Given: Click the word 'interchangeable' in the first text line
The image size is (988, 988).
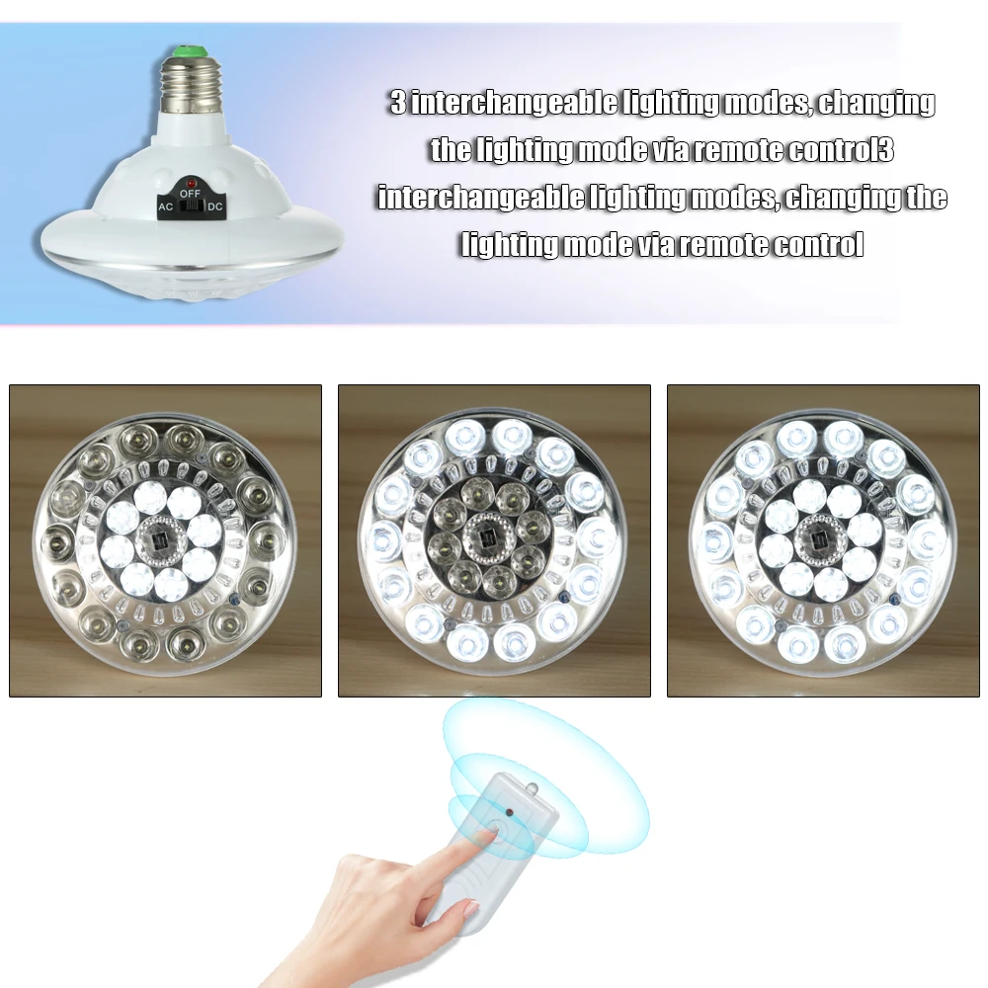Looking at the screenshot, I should [x=512, y=103].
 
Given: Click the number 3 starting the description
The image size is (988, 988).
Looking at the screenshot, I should [x=397, y=103].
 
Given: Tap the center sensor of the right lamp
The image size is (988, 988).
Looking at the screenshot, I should [x=822, y=539].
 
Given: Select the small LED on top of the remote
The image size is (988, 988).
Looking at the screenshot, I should [x=532, y=787].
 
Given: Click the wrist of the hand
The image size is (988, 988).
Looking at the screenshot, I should [x=296, y=963].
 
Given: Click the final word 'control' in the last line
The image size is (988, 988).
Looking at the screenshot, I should [x=808, y=245].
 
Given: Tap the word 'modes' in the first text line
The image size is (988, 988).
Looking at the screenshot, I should [x=765, y=103].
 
